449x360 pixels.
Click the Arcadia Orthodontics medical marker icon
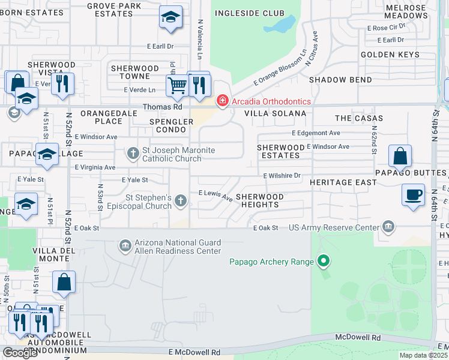[x=222, y=101]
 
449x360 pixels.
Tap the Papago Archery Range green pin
[x=324, y=261]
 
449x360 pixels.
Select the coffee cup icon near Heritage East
[x=414, y=195]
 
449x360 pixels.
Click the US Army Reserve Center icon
[x=388, y=227]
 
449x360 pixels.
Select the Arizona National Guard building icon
[x=125, y=245]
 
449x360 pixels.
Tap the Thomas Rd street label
[x=162, y=107]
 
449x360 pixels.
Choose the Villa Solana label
[x=276, y=113]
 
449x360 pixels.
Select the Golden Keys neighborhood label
[x=390, y=55]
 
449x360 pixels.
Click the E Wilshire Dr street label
[x=282, y=176]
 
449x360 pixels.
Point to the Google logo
[x=20, y=353]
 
